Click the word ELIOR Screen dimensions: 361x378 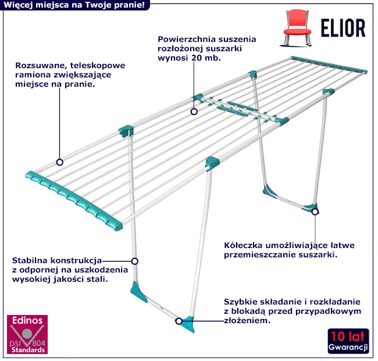pyautogui.click(x=343, y=27)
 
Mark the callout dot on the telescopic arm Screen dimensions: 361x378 pyautogui.click(x=59, y=162)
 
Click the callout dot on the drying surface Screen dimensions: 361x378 pyautogui.click(x=193, y=110)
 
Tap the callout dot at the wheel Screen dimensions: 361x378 pyautogui.click(x=315, y=211)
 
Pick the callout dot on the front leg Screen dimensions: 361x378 pyautogui.click(x=134, y=261)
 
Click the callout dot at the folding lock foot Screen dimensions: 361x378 pyautogui.click(x=179, y=321)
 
